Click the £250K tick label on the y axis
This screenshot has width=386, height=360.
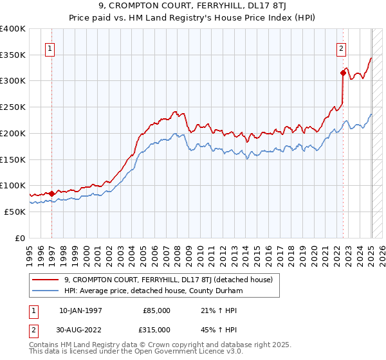coord(13,107)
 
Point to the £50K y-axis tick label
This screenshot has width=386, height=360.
coord(15,211)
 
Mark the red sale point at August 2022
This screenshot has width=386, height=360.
coord(343,73)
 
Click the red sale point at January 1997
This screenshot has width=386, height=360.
coord(51,192)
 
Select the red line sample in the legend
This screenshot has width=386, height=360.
coord(46,280)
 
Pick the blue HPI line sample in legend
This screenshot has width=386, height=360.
coord(46,290)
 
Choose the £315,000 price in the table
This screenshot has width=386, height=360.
coord(157,329)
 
